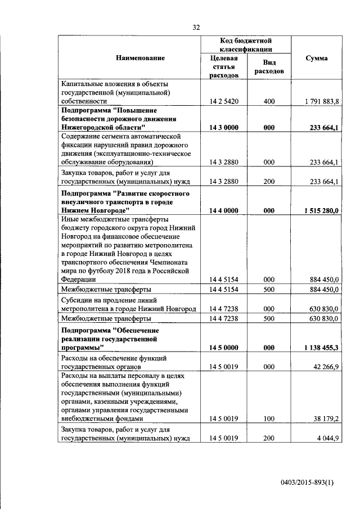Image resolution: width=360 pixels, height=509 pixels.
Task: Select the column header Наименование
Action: (x=141, y=58)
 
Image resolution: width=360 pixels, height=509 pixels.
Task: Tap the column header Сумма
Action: (x=317, y=58)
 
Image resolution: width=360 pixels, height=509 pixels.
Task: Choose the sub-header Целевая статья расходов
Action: (x=224, y=67)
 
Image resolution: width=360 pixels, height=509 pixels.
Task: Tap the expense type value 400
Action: (x=269, y=101)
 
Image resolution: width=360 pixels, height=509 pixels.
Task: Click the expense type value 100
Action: (x=269, y=418)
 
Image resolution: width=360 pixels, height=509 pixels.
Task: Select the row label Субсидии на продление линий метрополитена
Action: (x=129, y=304)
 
